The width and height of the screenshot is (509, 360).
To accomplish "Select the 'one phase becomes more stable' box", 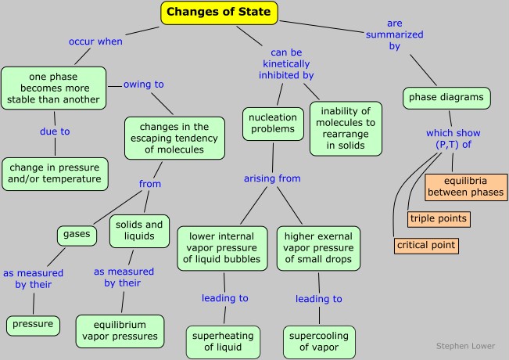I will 54,88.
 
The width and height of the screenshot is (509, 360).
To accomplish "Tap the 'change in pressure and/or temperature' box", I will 55,172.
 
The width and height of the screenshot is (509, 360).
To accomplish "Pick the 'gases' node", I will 75,234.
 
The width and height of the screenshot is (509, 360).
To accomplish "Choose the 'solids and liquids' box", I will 140,230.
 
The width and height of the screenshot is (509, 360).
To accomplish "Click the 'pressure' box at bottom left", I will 33,323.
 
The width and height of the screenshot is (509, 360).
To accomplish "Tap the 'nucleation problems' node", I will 273,123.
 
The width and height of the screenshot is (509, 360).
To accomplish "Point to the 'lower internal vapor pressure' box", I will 224,248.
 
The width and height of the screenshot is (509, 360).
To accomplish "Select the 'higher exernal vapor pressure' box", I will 318,248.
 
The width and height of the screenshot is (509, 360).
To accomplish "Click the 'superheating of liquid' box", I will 224,341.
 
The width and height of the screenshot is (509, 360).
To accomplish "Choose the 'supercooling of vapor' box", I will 318,341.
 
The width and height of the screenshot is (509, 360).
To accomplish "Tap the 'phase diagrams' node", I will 446,98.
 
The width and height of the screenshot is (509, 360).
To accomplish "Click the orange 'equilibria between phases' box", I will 465,187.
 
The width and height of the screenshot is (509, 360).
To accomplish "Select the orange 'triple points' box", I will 438,218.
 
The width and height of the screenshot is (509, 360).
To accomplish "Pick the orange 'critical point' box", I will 425,246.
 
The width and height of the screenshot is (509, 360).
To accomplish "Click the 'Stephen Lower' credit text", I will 464,345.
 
